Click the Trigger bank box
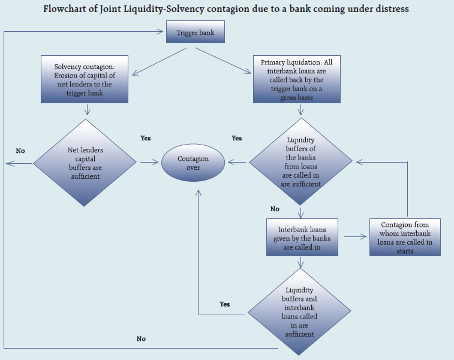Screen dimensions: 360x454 pos(195,33)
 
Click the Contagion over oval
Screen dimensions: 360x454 pos(193,163)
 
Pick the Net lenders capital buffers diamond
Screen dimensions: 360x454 pos(85,163)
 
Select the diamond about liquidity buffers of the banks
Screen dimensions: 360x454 pos(300,163)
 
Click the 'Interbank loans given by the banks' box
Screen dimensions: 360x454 pos(303,238)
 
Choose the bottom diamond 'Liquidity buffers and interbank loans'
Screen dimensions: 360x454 pos(299,313)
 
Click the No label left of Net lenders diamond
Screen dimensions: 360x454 pos(20,151)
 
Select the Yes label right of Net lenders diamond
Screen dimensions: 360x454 pos(146,138)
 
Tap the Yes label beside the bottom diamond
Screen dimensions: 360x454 pos(224,304)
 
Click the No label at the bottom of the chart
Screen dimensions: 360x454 pos(141,338)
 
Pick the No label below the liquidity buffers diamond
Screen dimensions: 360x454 pos(275,209)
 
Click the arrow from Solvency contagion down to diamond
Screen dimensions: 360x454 pos(88,109)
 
